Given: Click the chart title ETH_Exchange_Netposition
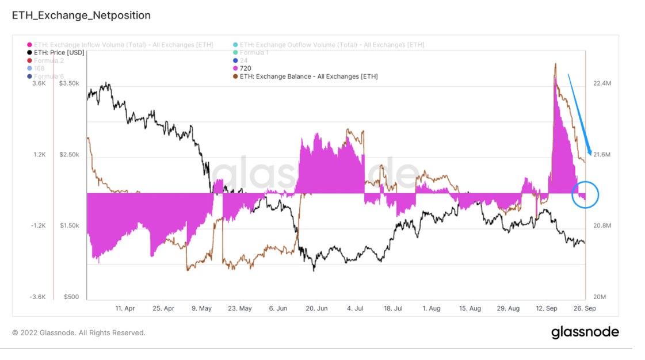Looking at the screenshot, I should [81, 16].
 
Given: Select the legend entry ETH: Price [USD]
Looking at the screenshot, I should [59, 52].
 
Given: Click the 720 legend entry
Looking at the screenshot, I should [245, 68].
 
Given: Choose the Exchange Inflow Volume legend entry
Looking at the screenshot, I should [123, 44].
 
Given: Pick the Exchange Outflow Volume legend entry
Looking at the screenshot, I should [331, 44].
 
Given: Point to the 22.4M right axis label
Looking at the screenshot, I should [602, 84].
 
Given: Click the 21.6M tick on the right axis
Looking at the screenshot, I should [602, 155].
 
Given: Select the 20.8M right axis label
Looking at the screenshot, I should [602, 225].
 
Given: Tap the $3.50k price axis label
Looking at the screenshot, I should [69, 83].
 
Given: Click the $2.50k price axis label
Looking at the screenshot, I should [69, 155].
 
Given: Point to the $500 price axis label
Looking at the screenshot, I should [71, 297].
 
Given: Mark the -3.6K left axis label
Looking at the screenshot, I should [38, 297].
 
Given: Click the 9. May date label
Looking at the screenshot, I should [201, 308].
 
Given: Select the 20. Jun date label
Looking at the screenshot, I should [317, 308].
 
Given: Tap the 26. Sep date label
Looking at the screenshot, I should [585, 308].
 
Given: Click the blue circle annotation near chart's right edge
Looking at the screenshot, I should [585, 195].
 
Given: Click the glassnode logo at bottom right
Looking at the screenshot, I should [585, 332].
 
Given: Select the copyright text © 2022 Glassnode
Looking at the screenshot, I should [79, 332].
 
